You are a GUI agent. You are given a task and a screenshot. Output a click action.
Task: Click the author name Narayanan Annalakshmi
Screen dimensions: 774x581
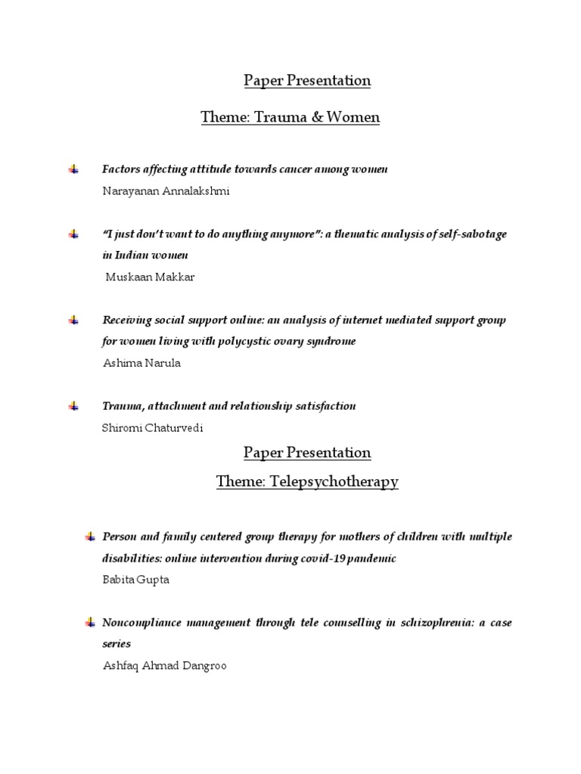click(165, 190)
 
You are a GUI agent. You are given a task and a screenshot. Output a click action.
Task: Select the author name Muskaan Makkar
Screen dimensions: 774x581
click(149, 277)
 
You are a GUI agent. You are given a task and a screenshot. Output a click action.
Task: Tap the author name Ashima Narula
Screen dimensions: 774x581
click(141, 363)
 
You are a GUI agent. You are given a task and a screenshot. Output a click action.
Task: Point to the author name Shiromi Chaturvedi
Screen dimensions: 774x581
click(153, 427)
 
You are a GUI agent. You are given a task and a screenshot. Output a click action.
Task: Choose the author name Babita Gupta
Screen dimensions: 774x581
click(135, 580)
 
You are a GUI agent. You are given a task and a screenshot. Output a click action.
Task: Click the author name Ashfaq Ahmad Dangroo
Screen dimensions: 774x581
click(164, 666)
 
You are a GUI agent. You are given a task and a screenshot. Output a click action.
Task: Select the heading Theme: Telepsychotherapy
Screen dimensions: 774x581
click(307, 481)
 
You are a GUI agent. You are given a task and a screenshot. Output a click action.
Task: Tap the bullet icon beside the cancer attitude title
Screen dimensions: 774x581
click(73, 169)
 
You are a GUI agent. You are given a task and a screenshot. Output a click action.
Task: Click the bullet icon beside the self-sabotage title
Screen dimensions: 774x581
click(73, 234)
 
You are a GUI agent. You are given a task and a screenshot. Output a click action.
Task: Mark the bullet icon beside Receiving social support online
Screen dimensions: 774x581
click(73, 320)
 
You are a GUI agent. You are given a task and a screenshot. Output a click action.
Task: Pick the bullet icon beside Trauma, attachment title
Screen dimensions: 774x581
click(73, 406)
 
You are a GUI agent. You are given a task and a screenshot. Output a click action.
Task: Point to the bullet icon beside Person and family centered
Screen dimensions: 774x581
click(90, 537)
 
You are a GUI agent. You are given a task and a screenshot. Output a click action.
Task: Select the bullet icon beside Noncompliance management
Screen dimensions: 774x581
click(90, 623)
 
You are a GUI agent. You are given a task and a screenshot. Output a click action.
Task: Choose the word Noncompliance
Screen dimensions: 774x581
click(139, 623)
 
